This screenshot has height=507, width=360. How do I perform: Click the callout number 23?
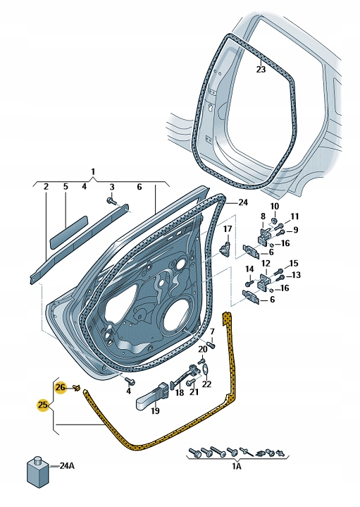[261, 69]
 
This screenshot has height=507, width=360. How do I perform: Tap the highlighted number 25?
[44, 405]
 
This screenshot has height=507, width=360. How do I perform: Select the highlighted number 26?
[61, 387]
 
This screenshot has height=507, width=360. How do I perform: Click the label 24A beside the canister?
[68, 465]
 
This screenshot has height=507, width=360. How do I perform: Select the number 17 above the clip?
[227, 229]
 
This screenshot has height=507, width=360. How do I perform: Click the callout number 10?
[275, 206]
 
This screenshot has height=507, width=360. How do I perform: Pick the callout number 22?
[206, 384]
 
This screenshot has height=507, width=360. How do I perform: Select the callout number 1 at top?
[92, 171]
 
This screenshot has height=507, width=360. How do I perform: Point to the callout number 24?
[243, 202]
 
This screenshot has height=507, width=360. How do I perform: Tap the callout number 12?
[266, 263]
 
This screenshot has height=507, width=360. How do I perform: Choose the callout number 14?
[249, 269]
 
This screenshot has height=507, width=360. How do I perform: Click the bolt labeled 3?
[113, 201]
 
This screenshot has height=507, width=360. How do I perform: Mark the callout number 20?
[203, 348]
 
